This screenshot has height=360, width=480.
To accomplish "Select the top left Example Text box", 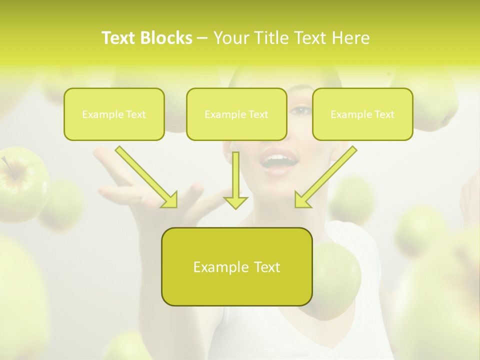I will [114, 114].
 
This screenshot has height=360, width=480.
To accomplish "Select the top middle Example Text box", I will [236, 114].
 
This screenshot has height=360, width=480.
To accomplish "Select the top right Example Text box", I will [362, 114].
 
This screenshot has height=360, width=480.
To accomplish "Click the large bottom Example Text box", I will [236, 266].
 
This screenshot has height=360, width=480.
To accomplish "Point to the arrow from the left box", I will [147, 177].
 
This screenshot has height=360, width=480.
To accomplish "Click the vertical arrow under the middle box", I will [235, 180].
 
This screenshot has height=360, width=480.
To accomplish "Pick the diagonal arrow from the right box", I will [325, 177].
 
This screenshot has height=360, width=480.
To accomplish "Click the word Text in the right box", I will [384, 114].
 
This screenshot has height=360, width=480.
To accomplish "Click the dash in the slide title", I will [202, 38].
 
